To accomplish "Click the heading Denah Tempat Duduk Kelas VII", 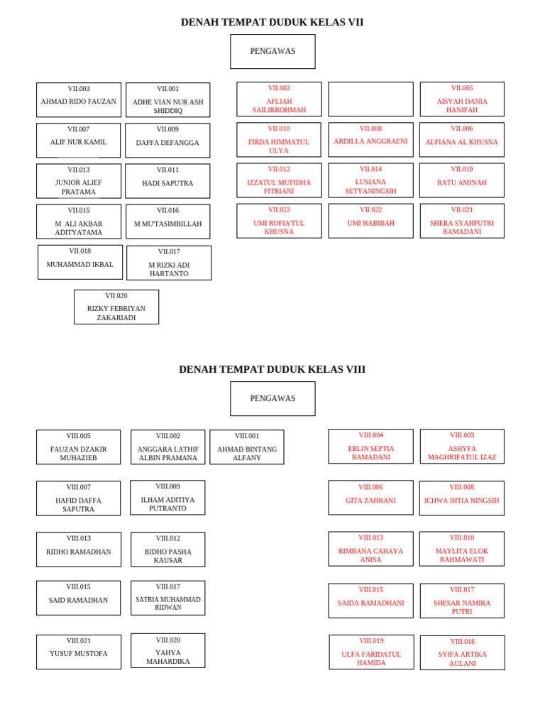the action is pyautogui.click(x=272, y=22).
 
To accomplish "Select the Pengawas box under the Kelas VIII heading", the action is pyautogui.click(x=272, y=398).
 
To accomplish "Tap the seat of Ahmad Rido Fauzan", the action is pyautogui.click(x=79, y=100).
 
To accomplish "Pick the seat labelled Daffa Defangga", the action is pyautogui.click(x=167, y=141).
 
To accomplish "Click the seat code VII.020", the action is pyautogui.click(x=116, y=296).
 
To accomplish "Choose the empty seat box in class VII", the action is pyautogui.click(x=370, y=99).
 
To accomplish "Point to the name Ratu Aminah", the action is pyautogui.click(x=462, y=183).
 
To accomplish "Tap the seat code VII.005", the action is pyautogui.click(x=462, y=88).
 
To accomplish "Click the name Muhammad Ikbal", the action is pyautogui.click(x=80, y=265).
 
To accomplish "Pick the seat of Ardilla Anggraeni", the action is pyautogui.click(x=370, y=140).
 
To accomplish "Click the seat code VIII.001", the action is pyautogui.click(x=247, y=436).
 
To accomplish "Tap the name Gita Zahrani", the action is pyautogui.click(x=370, y=501).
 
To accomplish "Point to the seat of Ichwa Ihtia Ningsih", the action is pyautogui.click(x=462, y=498).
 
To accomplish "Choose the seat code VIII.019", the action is pyautogui.click(x=371, y=640).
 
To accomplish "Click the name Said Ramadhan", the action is pyautogui.click(x=79, y=601).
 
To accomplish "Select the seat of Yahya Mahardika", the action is pyautogui.click(x=168, y=651).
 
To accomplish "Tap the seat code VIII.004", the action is pyautogui.click(x=370, y=435).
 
